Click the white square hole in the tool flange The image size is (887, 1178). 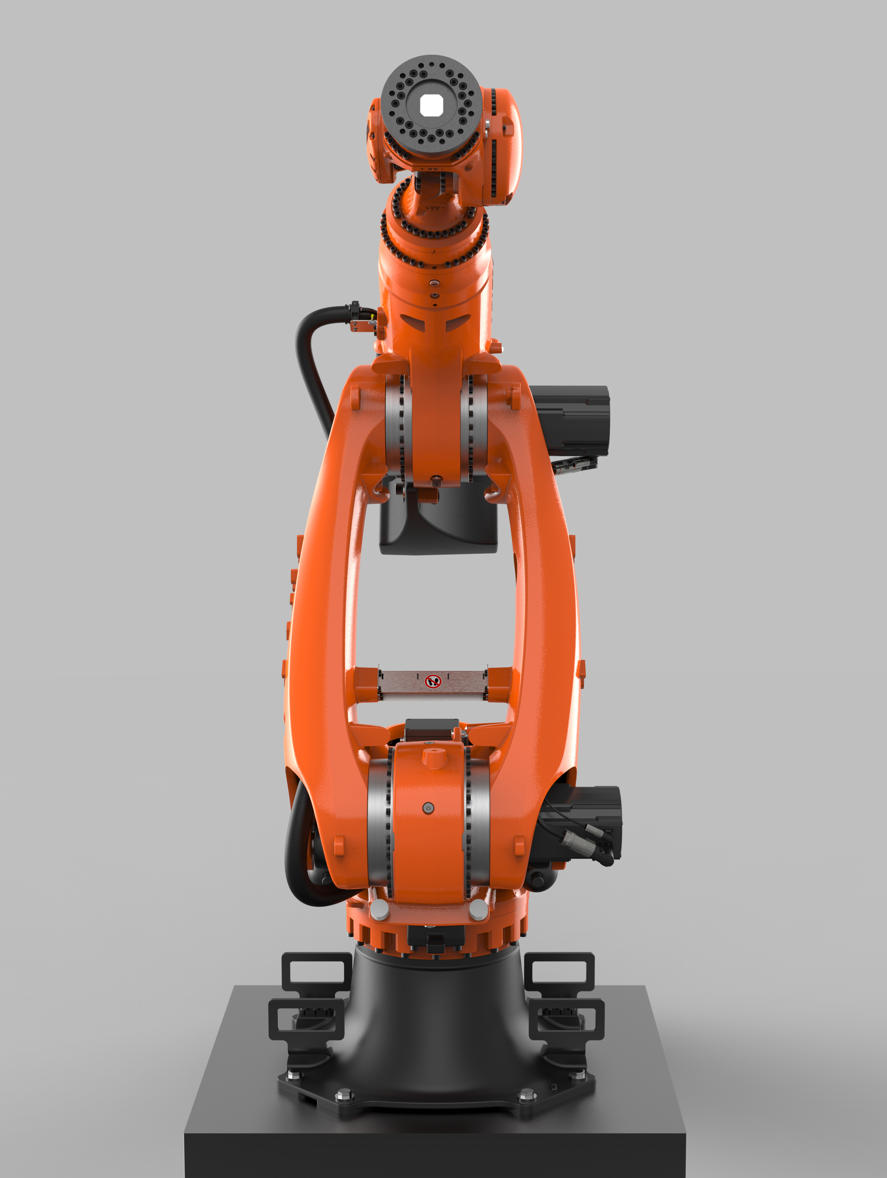(431, 106)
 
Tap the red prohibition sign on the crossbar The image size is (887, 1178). (433, 681)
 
